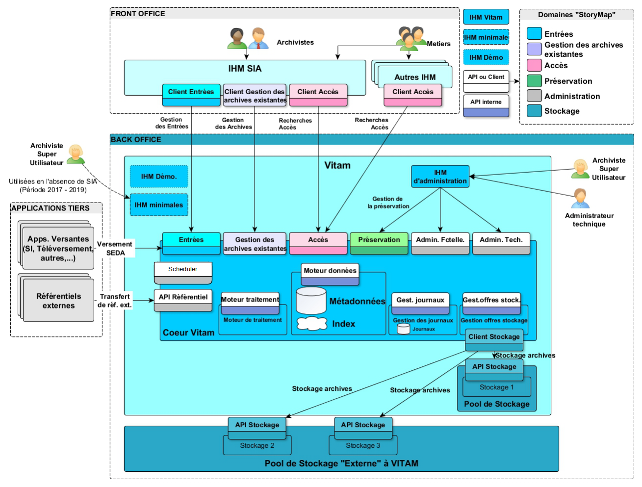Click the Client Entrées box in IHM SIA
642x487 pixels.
[x=191, y=95]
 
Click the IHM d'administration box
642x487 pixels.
[x=440, y=177]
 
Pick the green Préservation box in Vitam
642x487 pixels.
[x=379, y=243]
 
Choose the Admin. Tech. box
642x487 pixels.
[x=501, y=243]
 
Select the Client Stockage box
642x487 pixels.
[x=494, y=339]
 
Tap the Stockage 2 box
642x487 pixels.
[x=257, y=446]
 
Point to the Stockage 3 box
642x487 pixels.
[x=363, y=446]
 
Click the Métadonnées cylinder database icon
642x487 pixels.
[x=311, y=301]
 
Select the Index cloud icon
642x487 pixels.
[x=312, y=324]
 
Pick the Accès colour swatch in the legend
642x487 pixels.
[x=534, y=65]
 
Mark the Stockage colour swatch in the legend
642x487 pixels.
[x=534, y=111]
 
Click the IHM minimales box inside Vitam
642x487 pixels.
[x=159, y=205]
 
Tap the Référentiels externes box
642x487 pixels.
[x=58, y=301]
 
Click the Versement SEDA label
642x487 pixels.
[x=115, y=248]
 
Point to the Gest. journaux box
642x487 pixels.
[x=420, y=303]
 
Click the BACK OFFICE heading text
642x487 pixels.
[x=136, y=140]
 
